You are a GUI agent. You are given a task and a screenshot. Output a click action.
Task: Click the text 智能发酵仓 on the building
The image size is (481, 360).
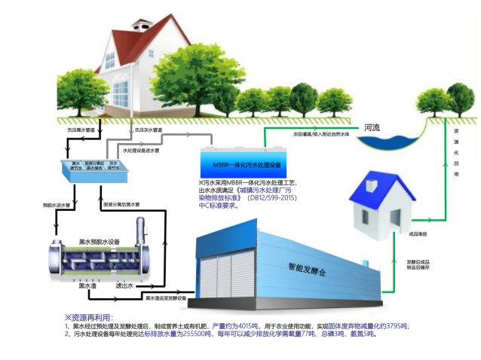click(x=308, y=266)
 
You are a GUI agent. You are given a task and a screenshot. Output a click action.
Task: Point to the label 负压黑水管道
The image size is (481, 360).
click(x=82, y=130)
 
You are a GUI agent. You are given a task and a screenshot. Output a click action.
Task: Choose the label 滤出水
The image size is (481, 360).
click(x=125, y=286)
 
